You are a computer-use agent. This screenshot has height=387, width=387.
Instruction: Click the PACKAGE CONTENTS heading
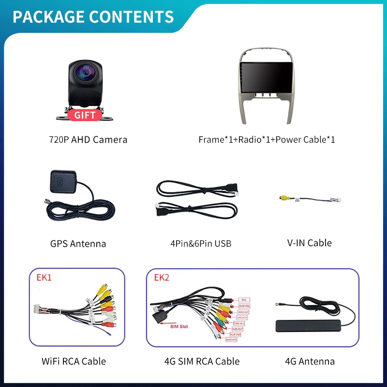tap(93, 16)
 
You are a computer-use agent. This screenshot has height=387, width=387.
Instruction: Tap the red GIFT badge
tap(85, 115)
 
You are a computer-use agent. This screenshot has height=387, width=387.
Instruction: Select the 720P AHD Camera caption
tap(88, 140)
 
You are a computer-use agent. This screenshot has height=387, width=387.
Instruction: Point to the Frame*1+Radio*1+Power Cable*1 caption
tap(267, 140)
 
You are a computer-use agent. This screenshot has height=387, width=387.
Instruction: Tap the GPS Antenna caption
tap(78, 243)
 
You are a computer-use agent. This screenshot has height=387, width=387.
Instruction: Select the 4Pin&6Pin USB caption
tap(201, 243)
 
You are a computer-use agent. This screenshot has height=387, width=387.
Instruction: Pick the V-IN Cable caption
tap(310, 243)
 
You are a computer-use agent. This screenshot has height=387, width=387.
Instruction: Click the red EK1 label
tap(44, 278)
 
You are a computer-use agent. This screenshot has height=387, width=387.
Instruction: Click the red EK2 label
tap(162, 278)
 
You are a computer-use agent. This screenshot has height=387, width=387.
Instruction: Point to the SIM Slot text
tap(180, 327)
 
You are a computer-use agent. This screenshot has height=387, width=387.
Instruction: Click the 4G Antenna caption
tap(310, 361)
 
